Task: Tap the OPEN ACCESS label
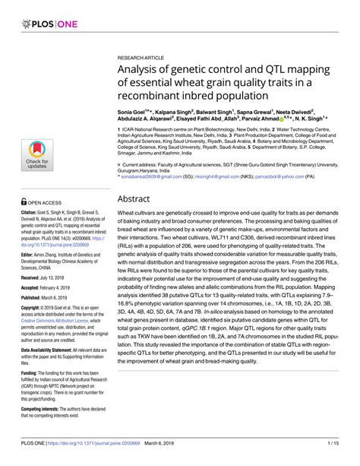click(47, 181)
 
